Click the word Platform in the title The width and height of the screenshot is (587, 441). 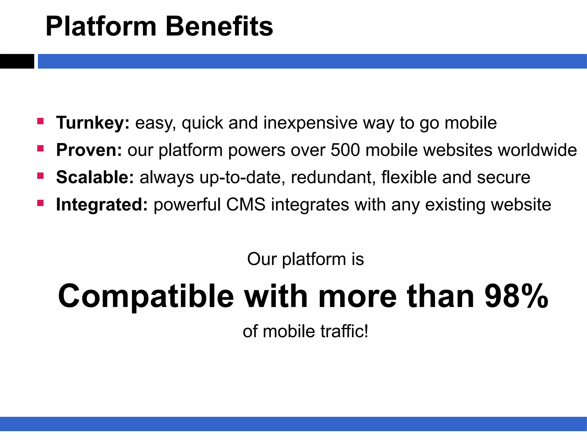click(x=101, y=27)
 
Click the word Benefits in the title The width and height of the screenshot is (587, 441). click(x=219, y=27)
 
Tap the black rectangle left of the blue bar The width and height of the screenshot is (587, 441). click(x=17, y=61)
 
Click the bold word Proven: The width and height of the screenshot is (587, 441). click(x=89, y=150)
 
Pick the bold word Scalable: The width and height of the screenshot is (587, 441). click(x=95, y=177)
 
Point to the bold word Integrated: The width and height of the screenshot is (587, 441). click(x=102, y=204)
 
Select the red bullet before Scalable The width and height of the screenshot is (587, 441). click(x=40, y=175)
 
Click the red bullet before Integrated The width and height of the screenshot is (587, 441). click(x=40, y=203)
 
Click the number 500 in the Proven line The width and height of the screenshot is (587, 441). click(x=345, y=150)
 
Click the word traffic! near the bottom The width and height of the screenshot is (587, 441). click(x=344, y=331)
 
